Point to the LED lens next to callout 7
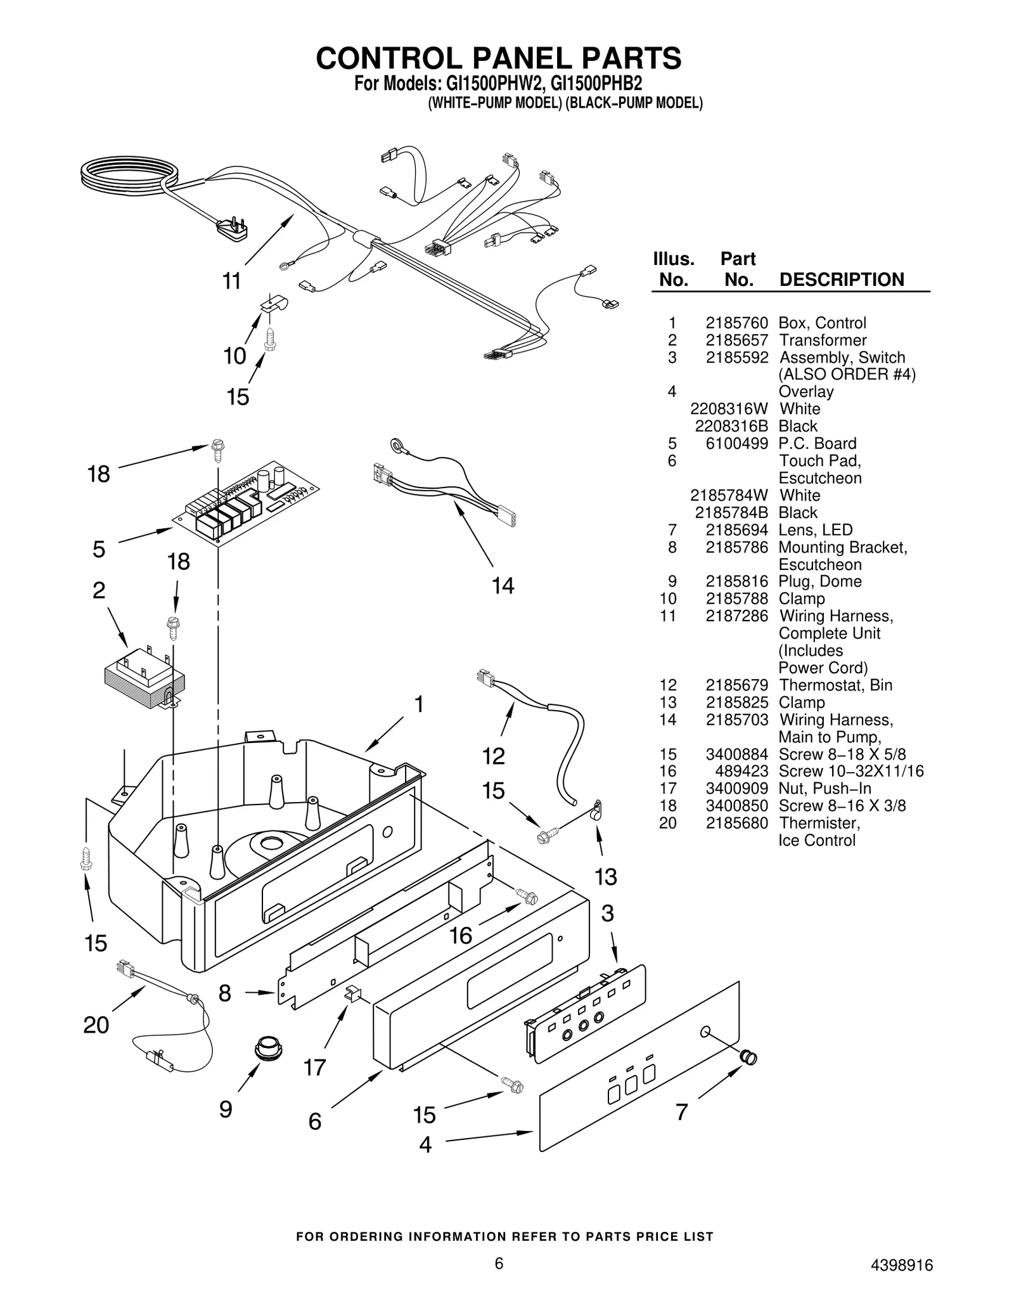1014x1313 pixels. pyautogui.click(x=748, y=1057)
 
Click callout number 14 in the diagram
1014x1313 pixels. pyautogui.click(x=503, y=585)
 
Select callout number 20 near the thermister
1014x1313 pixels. pyautogui.click(x=96, y=1025)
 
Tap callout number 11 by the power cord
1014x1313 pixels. pyautogui.click(x=232, y=280)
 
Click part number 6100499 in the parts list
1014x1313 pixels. pyautogui.click(x=736, y=444)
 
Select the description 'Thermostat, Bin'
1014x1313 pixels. pyautogui.click(x=835, y=685)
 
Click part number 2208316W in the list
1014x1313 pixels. pyautogui.click(x=729, y=409)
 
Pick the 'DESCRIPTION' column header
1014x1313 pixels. pyautogui.click(x=841, y=280)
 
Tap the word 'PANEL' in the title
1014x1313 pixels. pyautogui.click(x=519, y=58)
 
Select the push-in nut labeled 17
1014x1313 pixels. pyautogui.click(x=352, y=994)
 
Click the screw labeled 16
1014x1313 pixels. pyautogui.click(x=527, y=896)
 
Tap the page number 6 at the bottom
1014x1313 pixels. pyautogui.click(x=499, y=1264)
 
